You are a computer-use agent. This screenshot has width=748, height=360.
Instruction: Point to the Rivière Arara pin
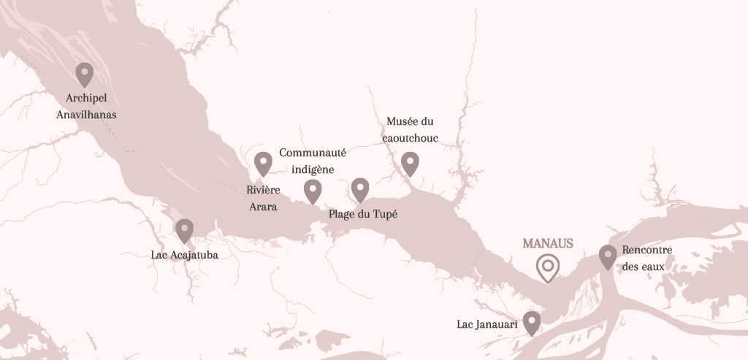point(263,163)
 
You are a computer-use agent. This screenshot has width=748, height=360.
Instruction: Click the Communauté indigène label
point(313,161)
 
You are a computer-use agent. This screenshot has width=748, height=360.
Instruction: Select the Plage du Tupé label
point(363,214)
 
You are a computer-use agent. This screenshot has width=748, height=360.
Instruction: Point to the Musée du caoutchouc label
point(411,129)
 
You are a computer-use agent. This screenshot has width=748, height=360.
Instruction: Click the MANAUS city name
point(548,243)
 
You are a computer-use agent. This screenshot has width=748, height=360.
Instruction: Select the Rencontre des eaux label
point(647,258)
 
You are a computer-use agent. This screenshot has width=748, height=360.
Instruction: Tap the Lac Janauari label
point(487,323)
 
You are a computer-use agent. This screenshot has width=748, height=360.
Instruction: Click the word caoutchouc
point(411,137)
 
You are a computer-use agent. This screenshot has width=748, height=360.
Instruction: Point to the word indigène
point(313,169)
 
